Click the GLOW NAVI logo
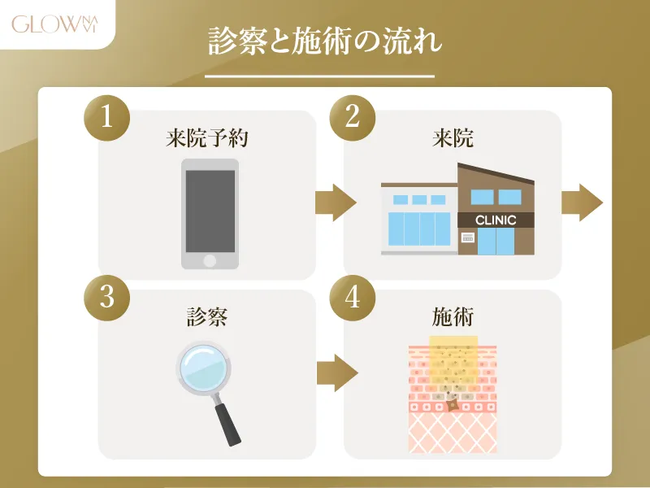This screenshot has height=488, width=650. (54, 24)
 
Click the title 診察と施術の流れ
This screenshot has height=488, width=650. (325, 42)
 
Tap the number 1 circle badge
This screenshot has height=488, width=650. (107, 118)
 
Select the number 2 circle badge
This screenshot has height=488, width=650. (353, 118)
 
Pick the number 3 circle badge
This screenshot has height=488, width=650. (107, 298)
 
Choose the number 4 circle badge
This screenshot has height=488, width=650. (353, 298)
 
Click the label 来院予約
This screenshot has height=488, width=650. (207, 138)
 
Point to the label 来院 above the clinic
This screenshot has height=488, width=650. (453, 138)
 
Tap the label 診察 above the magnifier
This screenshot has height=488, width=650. (207, 317)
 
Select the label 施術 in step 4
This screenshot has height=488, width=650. (453, 317)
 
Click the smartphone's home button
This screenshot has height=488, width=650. (210, 261)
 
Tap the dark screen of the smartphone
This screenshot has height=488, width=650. (210, 211)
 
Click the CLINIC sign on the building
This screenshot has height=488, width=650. (496, 220)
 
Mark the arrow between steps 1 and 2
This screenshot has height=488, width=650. (336, 203)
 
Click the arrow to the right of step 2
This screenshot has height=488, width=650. (582, 203)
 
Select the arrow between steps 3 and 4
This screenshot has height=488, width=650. (337, 373)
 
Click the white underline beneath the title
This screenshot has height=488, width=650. (319, 76)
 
